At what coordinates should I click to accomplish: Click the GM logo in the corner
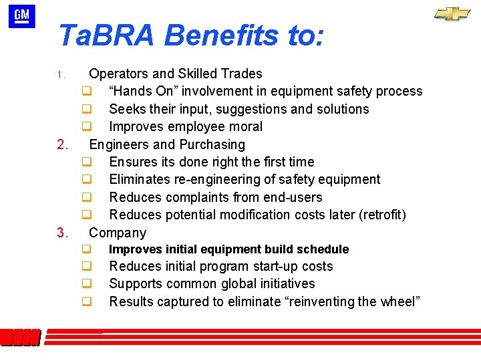pos(21,16)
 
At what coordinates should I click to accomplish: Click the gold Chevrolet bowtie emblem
pos(452,13)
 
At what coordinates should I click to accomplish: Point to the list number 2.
pos(63,144)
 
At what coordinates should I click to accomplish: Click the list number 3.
pos(63,233)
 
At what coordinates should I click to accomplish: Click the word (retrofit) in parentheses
pos(382,215)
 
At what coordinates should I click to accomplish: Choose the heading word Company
pos(118,233)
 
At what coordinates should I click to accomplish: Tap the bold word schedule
pos(325,249)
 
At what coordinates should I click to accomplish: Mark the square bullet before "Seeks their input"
pos(86,109)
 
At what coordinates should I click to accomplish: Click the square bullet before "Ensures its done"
pos(86,162)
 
